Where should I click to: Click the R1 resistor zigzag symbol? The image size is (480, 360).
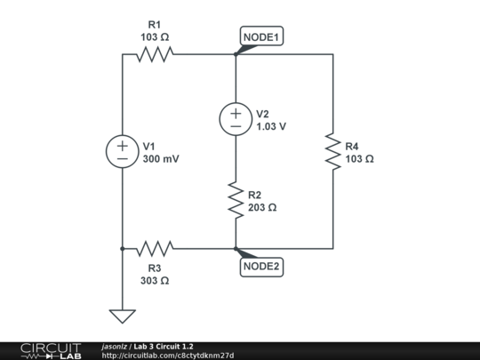pyautogui.click(x=154, y=54)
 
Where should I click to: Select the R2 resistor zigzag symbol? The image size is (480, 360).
pyautogui.click(x=236, y=200)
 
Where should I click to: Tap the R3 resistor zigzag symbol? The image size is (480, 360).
pyautogui.click(x=154, y=249)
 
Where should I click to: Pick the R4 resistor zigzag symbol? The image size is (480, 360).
pyautogui.click(x=332, y=152)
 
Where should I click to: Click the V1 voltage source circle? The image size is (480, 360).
pyautogui.click(x=122, y=152)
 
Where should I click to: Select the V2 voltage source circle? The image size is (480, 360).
pyautogui.click(x=236, y=119)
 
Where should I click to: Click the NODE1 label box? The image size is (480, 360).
pyautogui.click(x=262, y=37)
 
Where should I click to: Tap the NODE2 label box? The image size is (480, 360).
pyautogui.click(x=262, y=266)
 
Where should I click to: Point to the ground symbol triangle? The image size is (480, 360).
pyautogui.click(x=122, y=315)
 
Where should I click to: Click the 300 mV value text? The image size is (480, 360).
pyautogui.click(x=161, y=159)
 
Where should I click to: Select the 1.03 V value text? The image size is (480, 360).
pyautogui.click(x=271, y=126)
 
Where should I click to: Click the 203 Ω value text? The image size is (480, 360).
pyautogui.click(x=262, y=207)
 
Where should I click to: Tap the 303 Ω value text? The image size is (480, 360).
pyautogui.click(x=154, y=280)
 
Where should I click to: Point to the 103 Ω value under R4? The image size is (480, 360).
pyautogui.click(x=359, y=159)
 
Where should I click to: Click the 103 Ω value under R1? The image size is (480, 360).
pyautogui.click(x=154, y=37)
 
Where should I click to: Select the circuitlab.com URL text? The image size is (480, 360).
pyautogui.click(x=168, y=356)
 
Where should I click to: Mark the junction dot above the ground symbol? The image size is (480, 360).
pyautogui.click(x=122, y=249)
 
